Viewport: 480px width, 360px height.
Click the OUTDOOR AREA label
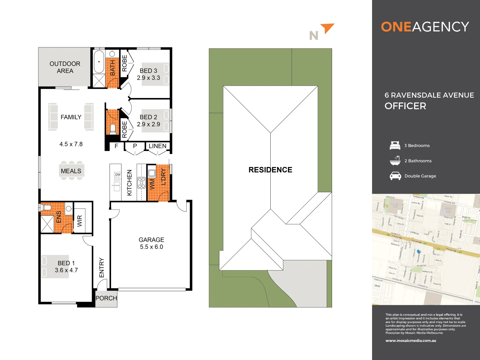coord(65,67)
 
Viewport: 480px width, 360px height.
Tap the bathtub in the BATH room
coord(99,62)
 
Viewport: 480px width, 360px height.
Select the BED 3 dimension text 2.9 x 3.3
coord(148,78)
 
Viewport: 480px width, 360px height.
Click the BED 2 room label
coord(148,117)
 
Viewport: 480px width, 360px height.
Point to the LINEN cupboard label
coord(157,146)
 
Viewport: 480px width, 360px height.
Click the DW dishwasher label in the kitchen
coord(118,174)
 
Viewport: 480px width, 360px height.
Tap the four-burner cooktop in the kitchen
coord(142,183)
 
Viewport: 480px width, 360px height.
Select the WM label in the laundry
coord(152,184)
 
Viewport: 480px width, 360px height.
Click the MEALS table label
coord(71,171)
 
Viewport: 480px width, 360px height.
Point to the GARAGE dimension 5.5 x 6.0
coord(151,247)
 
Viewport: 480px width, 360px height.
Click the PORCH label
coord(106,298)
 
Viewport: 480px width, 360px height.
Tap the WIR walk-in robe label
coord(80,221)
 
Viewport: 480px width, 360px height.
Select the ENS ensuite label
coord(59,217)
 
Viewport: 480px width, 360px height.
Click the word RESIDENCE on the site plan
coord(270,170)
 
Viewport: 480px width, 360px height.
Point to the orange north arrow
coord(327,28)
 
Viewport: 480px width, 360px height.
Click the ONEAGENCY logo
coord(425,27)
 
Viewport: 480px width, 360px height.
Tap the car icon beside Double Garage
coord(395,176)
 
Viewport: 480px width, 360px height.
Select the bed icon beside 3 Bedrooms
coord(395,145)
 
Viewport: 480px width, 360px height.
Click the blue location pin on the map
coord(419,251)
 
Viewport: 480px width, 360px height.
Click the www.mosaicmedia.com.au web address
coord(411,341)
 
